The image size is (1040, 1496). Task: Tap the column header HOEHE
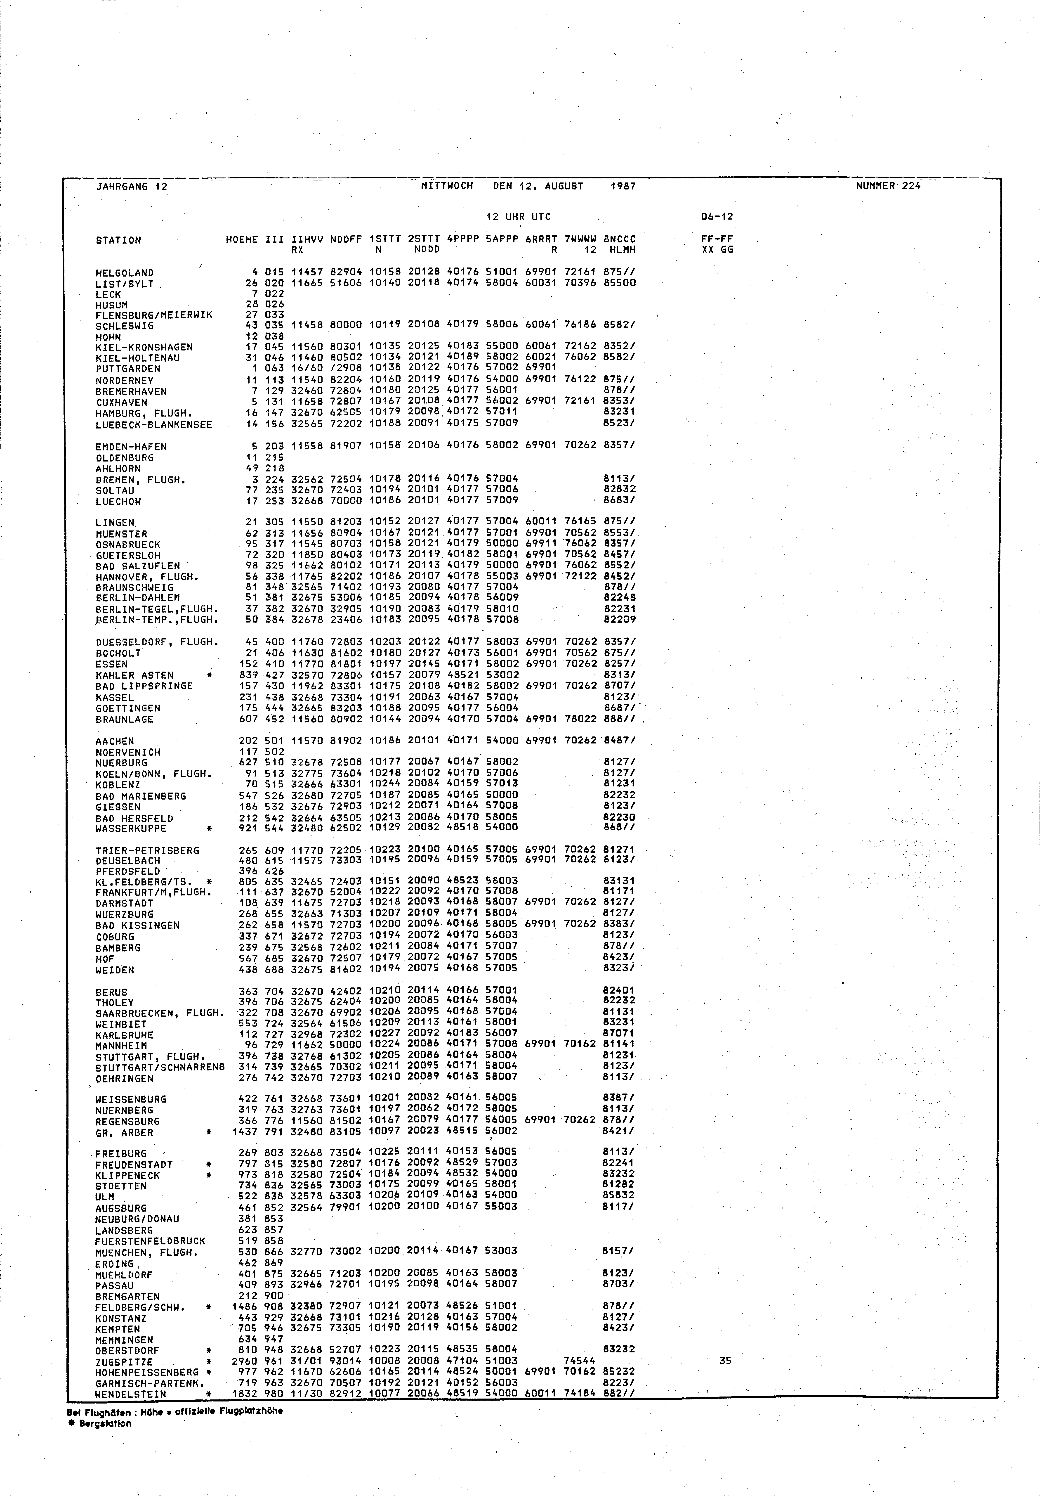(242, 240)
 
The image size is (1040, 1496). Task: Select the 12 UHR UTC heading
(518, 217)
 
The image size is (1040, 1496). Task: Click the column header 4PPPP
(463, 240)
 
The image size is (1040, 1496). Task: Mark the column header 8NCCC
(619, 240)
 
